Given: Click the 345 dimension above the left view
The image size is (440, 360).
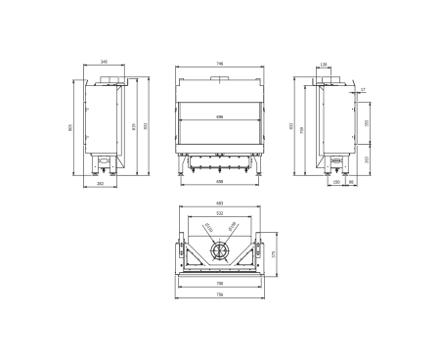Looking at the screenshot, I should [x=105, y=62].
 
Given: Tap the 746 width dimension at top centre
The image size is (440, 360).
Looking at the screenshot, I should [x=220, y=64].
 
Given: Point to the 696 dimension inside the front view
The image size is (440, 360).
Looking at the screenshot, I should [x=220, y=116].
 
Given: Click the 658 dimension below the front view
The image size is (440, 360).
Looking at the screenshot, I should [x=220, y=182].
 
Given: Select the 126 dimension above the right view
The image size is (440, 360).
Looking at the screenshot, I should [x=324, y=67].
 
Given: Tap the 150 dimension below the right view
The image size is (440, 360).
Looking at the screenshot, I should [x=336, y=182].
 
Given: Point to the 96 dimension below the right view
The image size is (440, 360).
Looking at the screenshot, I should [x=350, y=182].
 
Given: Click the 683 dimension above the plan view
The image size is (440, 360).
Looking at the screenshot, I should [x=220, y=203].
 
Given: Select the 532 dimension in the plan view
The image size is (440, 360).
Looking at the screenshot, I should [x=220, y=212].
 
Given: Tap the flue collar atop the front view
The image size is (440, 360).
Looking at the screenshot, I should [x=220, y=77].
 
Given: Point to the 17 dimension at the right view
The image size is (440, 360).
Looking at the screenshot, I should [x=362, y=90].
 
